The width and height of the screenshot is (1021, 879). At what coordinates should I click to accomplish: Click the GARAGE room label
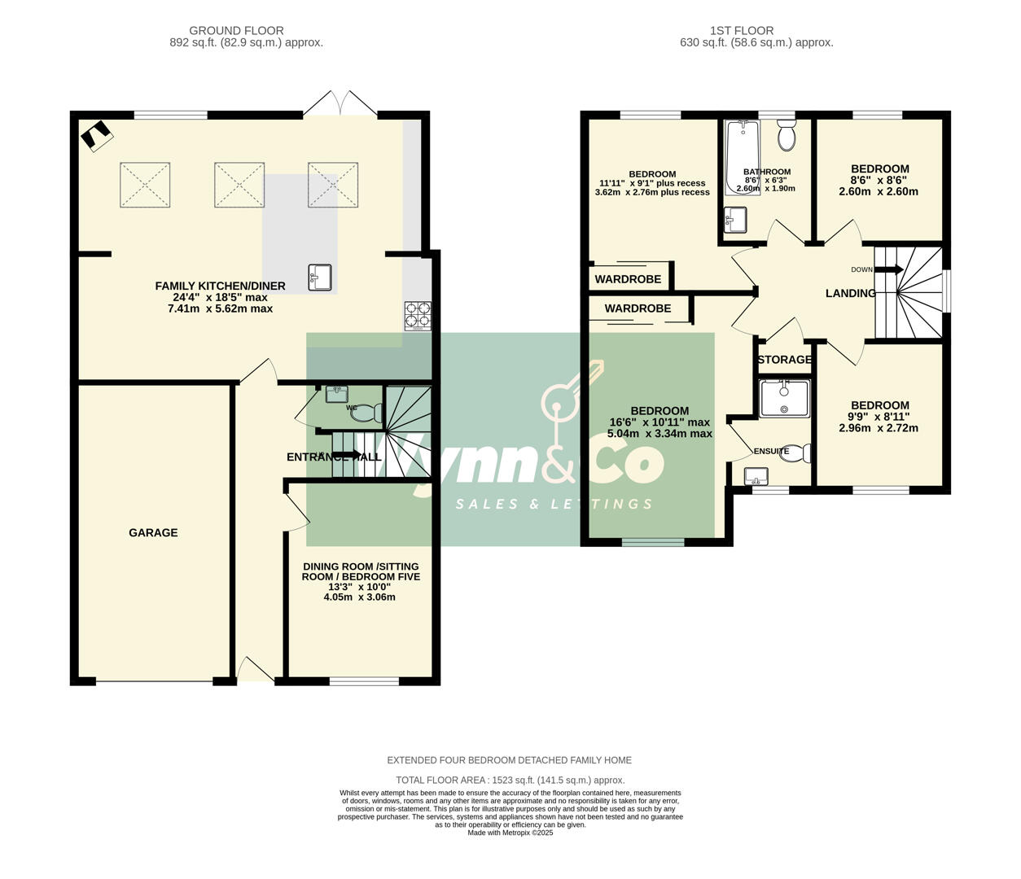153,533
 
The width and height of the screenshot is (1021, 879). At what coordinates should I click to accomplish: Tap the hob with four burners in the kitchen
418,316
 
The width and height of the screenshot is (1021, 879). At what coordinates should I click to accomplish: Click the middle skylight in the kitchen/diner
239,185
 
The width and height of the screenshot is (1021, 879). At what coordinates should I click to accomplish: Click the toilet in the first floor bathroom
787,136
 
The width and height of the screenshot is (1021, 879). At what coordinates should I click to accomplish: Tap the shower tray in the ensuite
784,399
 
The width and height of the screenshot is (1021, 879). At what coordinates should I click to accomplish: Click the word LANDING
850,293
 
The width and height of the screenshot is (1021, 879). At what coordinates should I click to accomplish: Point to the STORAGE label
784,360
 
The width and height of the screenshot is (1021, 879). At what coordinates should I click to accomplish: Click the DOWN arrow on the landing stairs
887,269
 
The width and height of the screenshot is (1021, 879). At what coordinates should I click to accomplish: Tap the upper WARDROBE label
628,279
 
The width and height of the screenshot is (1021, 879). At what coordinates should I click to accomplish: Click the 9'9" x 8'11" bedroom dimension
879,417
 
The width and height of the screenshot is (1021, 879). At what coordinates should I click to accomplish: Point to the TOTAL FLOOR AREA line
510,780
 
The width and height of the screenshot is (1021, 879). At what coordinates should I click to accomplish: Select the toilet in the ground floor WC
366,413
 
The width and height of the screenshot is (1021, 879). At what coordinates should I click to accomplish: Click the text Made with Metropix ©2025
510,833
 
